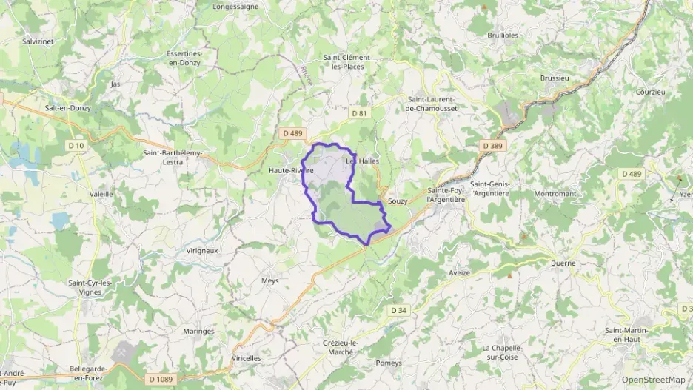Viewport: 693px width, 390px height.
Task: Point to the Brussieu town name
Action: tap(555, 78)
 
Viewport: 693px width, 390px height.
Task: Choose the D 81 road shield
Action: tap(359, 113)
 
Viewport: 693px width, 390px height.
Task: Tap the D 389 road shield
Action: tap(492, 146)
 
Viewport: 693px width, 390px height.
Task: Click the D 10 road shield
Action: tap(76, 145)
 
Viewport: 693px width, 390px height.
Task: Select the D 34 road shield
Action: tap(398, 309)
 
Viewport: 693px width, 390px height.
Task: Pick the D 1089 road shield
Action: tap(161, 379)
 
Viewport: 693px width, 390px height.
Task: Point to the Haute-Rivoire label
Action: tap(291, 170)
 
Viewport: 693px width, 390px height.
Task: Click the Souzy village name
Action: tap(398, 201)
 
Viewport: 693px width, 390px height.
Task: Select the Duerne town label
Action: tap(563, 263)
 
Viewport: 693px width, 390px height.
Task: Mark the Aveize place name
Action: tap(459, 272)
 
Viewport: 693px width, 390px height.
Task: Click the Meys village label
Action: tap(269, 280)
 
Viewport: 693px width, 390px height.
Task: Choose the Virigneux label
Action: tap(202, 250)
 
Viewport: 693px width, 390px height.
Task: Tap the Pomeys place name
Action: tap(389, 363)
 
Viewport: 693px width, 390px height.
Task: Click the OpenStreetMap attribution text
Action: tap(653, 380)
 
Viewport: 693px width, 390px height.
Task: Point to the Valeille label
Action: tap(101, 194)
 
